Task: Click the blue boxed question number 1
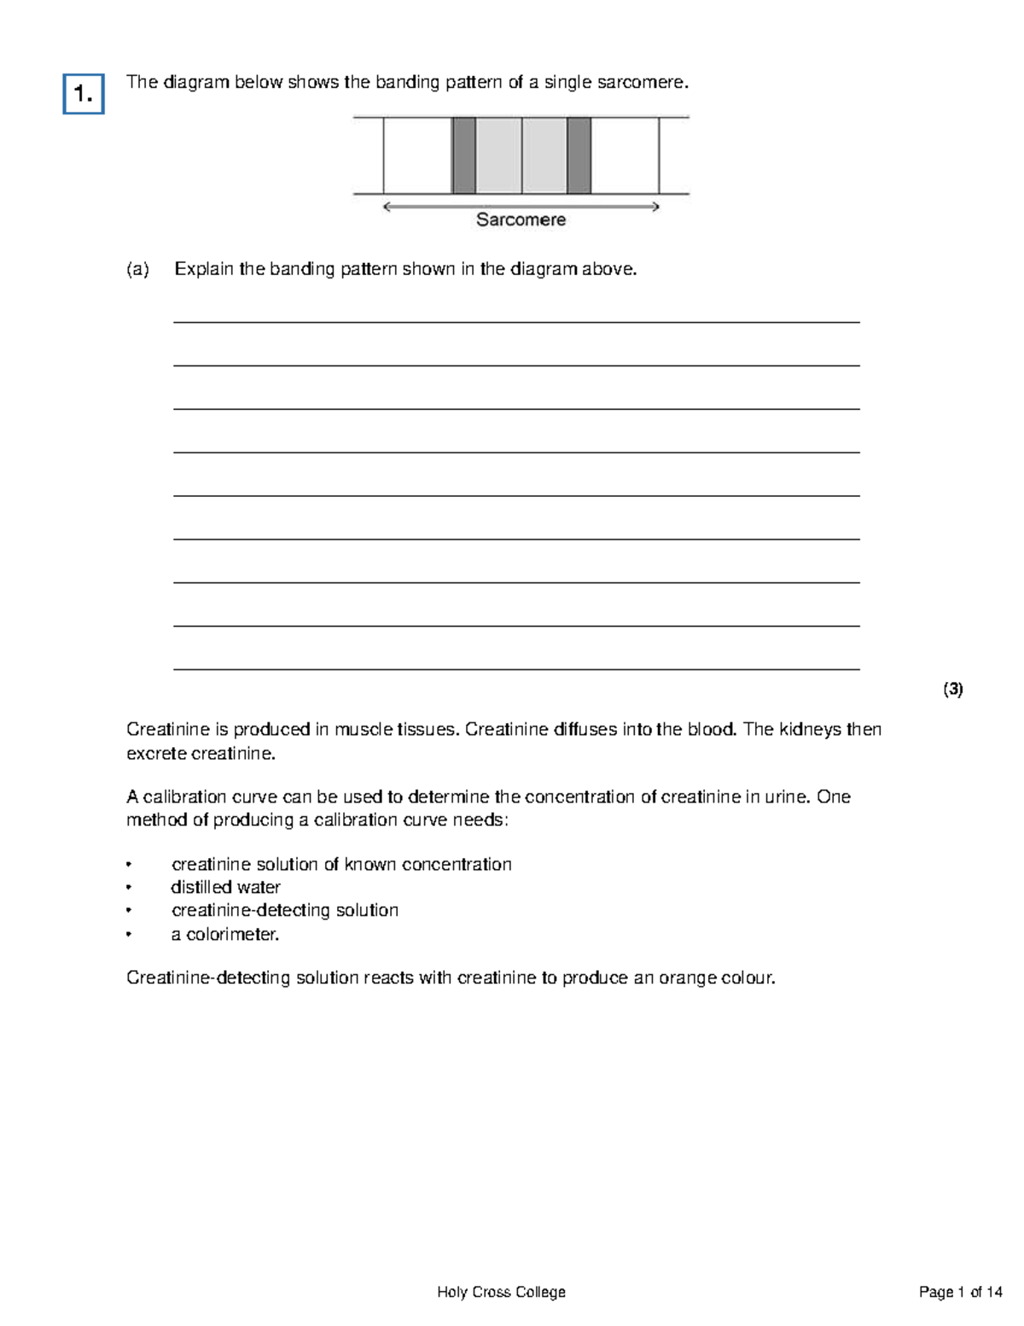click(x=84, y=94)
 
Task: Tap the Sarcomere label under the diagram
click(x=521, y=220)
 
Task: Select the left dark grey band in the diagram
click(x=463, y=156)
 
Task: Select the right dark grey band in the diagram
click(x=579, y=156)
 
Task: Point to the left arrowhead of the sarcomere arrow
click(x=387, y=207)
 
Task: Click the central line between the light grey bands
click(x=521, y=156)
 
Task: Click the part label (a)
click(x=137, y=270)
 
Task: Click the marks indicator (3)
click(x=952, y=690)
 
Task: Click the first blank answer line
click(x=515, y=322)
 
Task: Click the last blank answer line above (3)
click(x=515, y=669)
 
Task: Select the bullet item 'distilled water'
click(x=225, y=888)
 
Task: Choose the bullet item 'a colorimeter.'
click(x=225, y=935)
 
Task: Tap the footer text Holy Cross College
click(x=501, y=1292)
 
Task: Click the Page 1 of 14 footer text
click(x=960, y=1292)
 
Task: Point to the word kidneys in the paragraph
click(x=809, y=730)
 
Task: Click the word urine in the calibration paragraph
click(x=786, y=797)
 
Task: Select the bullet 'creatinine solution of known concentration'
click(x=341, y=865)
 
